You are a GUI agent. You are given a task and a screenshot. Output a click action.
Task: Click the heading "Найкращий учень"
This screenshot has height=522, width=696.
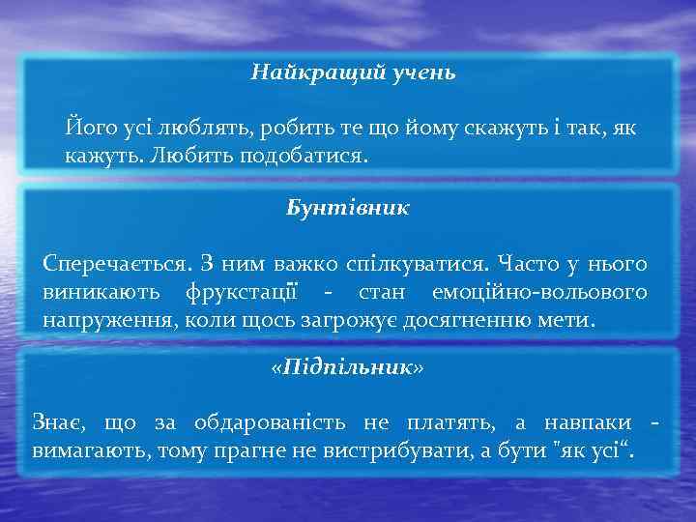click(347, 72)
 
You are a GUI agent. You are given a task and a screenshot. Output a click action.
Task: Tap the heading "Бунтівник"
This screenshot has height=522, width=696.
click(348, 208)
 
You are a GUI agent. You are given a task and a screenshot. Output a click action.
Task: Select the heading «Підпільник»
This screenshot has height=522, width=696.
click(347, 369)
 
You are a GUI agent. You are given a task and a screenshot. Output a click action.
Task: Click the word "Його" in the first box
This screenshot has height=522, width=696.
click(86, 128)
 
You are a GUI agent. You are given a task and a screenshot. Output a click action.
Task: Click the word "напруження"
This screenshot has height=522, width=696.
click(98, 319)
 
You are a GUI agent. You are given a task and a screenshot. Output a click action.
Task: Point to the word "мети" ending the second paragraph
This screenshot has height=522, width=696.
click(571, 319)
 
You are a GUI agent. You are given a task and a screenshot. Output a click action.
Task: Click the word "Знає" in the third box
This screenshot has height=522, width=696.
click(60, 423)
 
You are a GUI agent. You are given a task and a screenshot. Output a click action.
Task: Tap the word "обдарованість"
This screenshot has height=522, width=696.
click(270, 423)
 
